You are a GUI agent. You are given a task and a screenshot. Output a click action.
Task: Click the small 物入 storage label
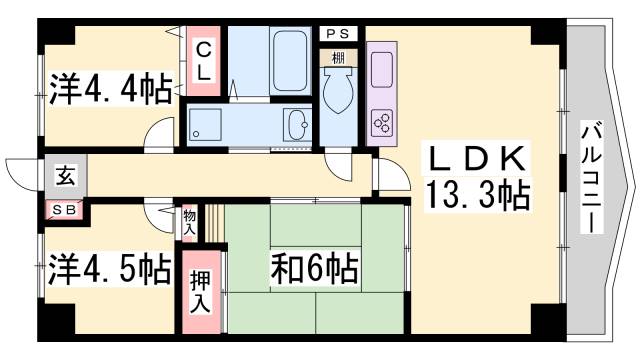[190, 221]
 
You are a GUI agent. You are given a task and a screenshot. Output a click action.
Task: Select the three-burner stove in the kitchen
[381, 122]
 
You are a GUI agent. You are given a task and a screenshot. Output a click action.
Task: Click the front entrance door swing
[22, 175]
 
